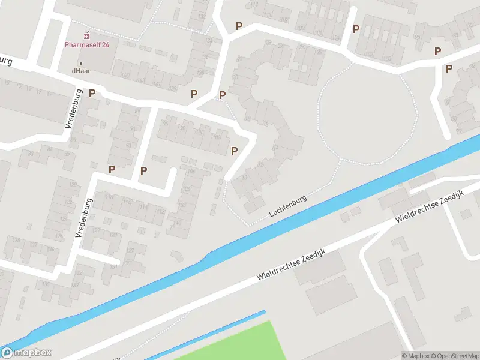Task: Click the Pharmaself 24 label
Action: point(87,44)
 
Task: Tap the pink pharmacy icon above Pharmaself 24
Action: point(88,32)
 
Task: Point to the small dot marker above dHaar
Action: point(81,62)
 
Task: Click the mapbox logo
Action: point(26,353)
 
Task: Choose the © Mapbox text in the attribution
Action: point(415,356)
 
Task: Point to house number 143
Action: point(142,80)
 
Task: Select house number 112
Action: point(160,211)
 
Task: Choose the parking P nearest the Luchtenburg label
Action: point(235,151)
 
